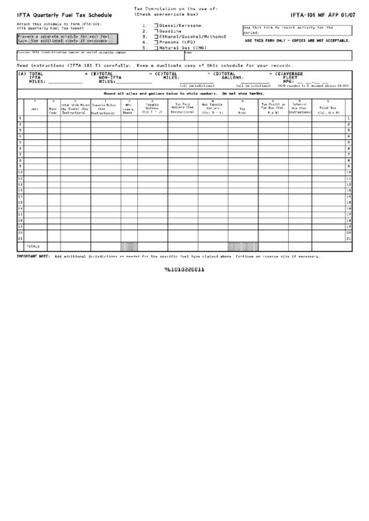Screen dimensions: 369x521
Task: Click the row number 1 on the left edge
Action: click(19, 118)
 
